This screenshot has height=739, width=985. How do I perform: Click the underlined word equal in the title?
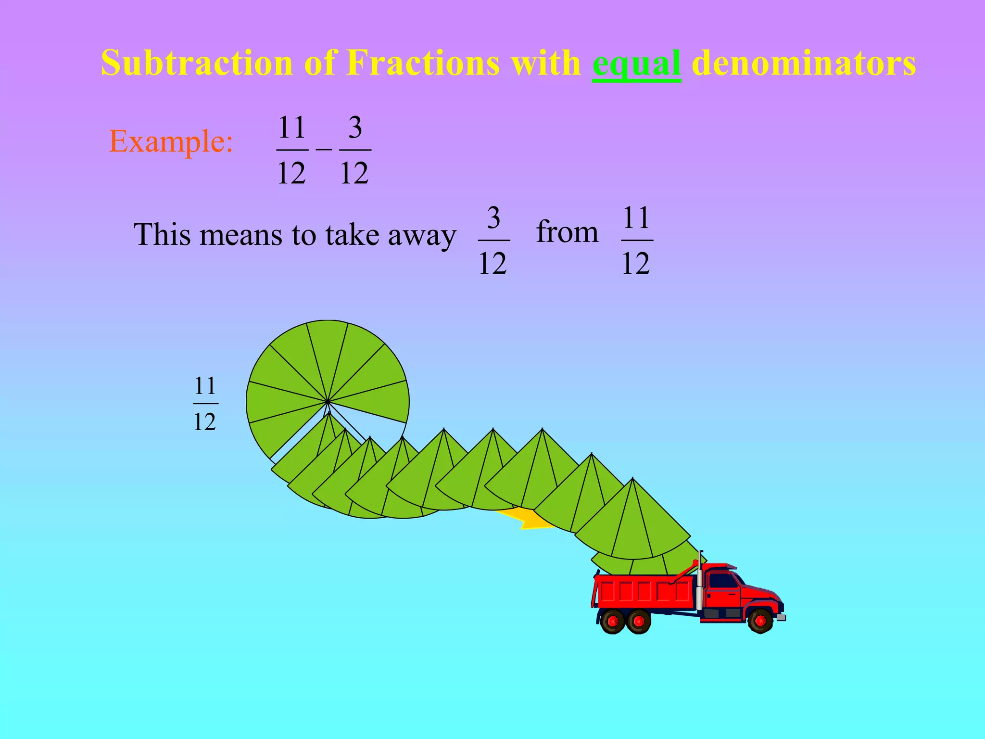pyautogui.click(x=636, y=64)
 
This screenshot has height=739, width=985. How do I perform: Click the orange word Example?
pyautogui.click(x=171, y=141)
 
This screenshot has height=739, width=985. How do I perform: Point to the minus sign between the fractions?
pyautogui.click(x=324, y=150)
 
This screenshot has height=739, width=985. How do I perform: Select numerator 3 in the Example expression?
pyautogui.click(x=355, y=128)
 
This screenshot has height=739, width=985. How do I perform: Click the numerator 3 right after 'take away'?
pyautogui.click(x=493, y=218)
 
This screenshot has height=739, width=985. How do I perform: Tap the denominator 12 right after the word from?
pyautogui.click(x=636, y=264)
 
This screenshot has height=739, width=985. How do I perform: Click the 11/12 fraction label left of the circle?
pyautogui.click(x=205, y=404)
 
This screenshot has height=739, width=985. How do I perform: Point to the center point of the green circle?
pyautogui.click(x=328, y=401)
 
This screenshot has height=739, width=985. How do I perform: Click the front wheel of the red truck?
pyautogui.click(x=760, y=621)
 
